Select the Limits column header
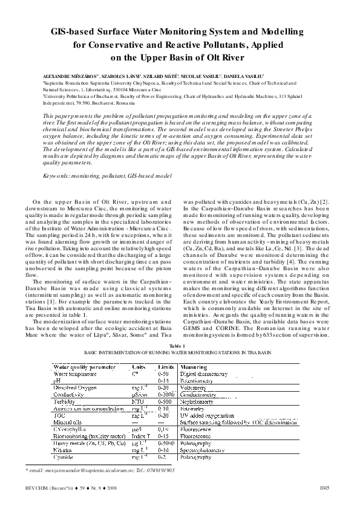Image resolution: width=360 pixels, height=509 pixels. (166, 367)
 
